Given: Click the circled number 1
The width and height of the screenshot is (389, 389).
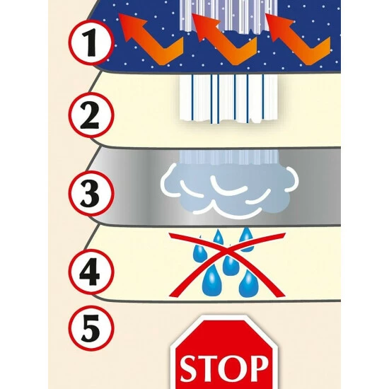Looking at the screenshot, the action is click(91, 42).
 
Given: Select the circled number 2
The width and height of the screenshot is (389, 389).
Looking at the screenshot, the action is click(91, 115).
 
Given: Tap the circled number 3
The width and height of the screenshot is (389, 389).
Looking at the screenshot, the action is click(91, 193).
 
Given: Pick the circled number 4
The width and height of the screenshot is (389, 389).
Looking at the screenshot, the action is click(91, 272).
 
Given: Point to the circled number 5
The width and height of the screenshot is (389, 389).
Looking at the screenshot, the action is click(91, 328).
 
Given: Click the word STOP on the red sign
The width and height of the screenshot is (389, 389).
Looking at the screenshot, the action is click(224, 369).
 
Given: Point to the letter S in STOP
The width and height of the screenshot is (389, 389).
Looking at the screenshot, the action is click(190, 370).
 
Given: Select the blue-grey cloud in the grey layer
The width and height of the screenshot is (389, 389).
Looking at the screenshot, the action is click(228, 190).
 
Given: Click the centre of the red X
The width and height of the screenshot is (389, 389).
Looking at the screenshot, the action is click(228, 252).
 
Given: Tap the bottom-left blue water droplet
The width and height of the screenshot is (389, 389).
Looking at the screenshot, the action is click(211, 281).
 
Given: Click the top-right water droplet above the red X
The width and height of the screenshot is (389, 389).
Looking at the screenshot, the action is click(246, 239).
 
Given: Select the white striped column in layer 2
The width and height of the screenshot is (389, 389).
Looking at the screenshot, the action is click(228, 99).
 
